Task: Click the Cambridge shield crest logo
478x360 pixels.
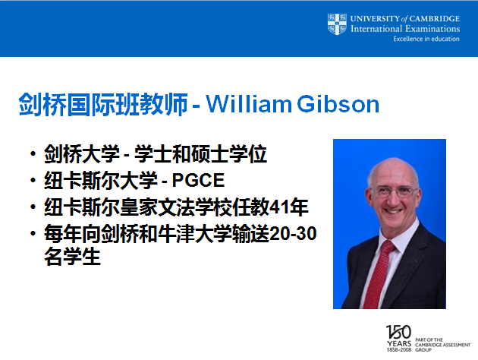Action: (x=337, y=24)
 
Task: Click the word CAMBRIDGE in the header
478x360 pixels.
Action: (x=435, y=19)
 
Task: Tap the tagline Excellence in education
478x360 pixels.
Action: (x=426, y=39)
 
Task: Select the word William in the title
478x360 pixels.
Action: (x=249, y=104)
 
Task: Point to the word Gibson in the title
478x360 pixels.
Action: (x=338, y=104)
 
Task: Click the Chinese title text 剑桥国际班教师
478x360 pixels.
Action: (x=103, y=104)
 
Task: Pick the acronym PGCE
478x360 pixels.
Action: (x=198, y=180)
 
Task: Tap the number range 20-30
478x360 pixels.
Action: (x=294, y=234)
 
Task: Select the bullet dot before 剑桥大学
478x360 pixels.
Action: (x=33, y=153)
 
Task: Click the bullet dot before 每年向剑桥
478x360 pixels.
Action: (x=33, y=234)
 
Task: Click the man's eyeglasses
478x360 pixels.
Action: (x=395, y=191)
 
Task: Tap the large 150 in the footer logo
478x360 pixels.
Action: (x=399, y=332)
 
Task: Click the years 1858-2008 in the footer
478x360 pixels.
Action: (x=399, y=350)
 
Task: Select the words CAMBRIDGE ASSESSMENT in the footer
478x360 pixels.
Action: (x=442, y=345)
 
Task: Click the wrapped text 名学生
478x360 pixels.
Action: (x=72, y=257)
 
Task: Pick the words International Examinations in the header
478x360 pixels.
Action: (x=405, y=29)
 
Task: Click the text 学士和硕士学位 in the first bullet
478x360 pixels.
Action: (x=200, y=153)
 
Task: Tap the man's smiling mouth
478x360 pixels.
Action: (x=393, y=211)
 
